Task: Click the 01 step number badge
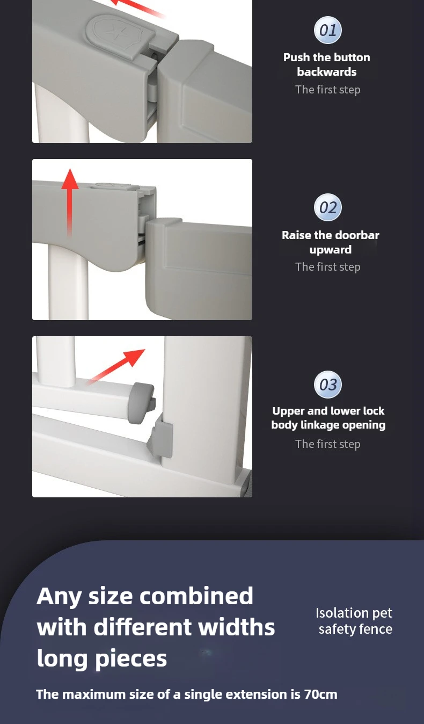[x=328, y=30]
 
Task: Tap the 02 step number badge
[x=328, y=207]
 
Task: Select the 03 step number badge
[x=328, y=385]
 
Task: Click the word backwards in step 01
[x=326, y=72]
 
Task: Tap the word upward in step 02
[x=331, y=250]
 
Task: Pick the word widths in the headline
[x=236, y=627]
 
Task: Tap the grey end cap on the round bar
[x=142, y=403]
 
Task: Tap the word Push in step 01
[x=296, y=57]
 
